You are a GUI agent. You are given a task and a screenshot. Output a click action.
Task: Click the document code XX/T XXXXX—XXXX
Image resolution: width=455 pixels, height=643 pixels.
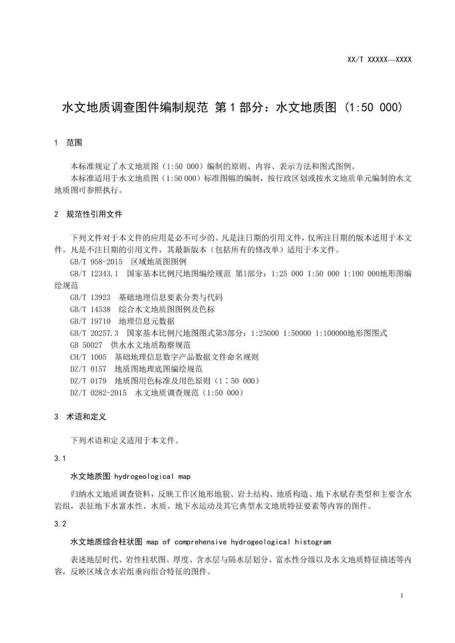(x=379, y=59)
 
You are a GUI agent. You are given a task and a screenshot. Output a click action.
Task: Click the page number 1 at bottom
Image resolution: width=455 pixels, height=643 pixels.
(x=401, y=595)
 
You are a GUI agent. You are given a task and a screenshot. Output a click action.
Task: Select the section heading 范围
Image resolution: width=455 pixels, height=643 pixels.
(x=74, y=143)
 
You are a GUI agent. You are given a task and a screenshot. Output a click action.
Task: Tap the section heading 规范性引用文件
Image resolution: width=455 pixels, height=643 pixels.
(x=94, y=214)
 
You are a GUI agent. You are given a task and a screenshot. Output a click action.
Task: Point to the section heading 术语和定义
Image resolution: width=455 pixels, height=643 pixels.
(x=86, y=417)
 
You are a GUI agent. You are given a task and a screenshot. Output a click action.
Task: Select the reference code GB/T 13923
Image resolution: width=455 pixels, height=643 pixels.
(x=90, y=297)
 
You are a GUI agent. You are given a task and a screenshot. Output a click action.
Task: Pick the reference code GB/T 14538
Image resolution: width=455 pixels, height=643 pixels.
(x=90, y=309)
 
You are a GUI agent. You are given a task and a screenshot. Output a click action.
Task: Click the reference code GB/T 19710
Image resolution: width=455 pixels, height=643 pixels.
(x=90, y=321)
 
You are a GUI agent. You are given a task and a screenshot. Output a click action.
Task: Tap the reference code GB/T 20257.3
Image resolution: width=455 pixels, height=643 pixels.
(x=94, y=333)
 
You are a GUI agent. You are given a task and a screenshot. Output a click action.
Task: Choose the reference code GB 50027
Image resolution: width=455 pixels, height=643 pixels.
(x=86, y=345)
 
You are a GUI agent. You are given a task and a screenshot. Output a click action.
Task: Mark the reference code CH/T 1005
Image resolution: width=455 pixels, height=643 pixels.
(x=88, y=357)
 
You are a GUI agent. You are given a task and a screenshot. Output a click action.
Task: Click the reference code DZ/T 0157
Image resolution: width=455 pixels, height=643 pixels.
(x=88, y=369)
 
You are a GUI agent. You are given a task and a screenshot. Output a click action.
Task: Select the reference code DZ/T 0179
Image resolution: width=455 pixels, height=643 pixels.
(x=88, y=381)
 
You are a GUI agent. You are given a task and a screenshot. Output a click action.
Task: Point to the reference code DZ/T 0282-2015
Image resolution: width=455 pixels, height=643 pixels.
(x=98, y=393)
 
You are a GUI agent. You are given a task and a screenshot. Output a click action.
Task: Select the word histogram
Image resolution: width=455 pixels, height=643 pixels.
(x=313, y=542)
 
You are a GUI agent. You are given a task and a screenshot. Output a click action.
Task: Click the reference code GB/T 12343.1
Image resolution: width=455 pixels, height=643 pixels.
(x=94, y=274)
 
